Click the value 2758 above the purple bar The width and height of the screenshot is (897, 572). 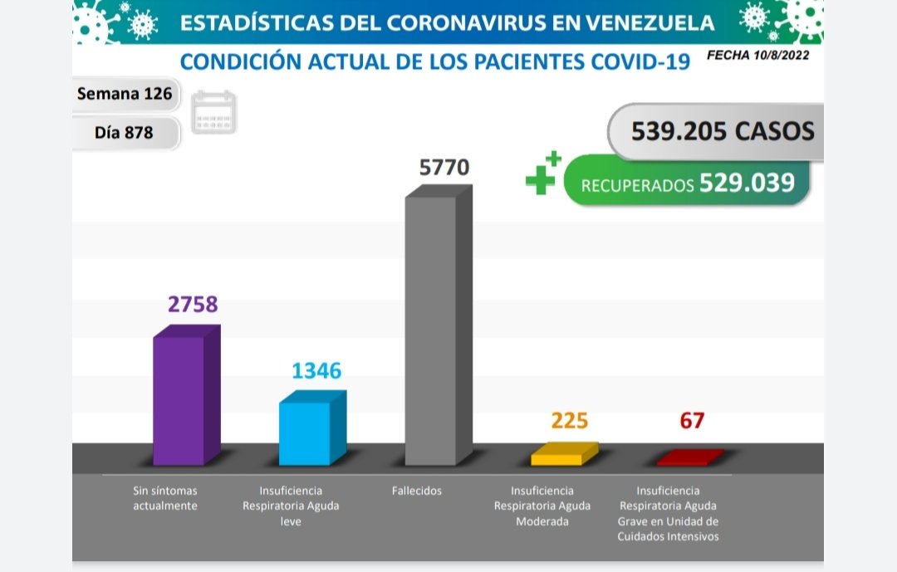click(x=193, y=304)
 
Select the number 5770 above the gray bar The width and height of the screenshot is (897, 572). click(x=444, y=168)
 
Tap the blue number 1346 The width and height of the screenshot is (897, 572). click(x=316, y=370)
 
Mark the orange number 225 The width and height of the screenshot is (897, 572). click(x=570, y=421)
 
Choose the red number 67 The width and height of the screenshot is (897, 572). click(x=691, y=421)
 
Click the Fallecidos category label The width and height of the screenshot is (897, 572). click(x=417, y=491)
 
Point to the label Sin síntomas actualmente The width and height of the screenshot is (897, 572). click(x=165, y=498)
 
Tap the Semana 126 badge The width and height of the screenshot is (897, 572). click(x=125, y=94)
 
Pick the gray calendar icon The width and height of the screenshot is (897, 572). click(x=214, y=112)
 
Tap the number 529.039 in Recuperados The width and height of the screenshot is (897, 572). click(x=747, y=183)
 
